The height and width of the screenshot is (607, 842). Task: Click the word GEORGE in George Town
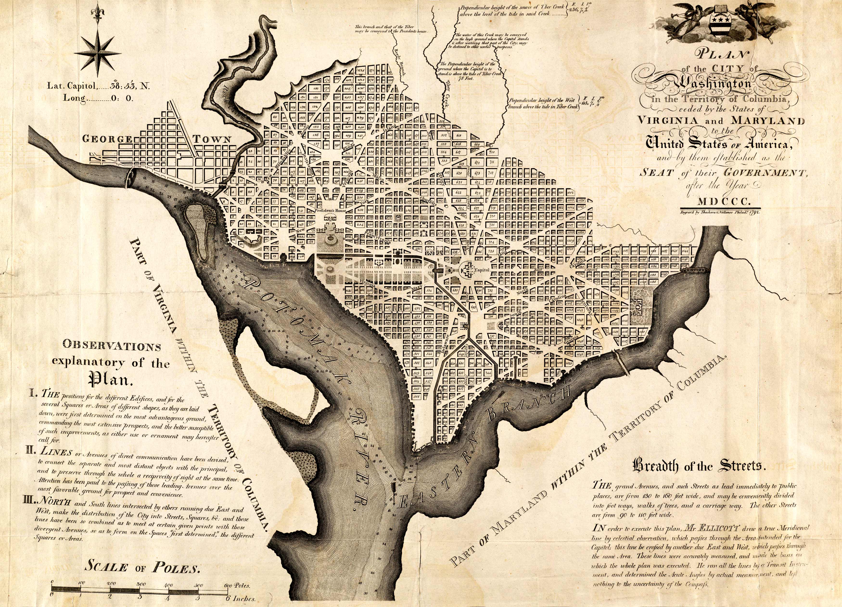click(107, 139)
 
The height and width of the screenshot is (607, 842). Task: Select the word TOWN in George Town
click(212, 139)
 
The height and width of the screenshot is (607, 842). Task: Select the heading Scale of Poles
click(143, 567)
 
